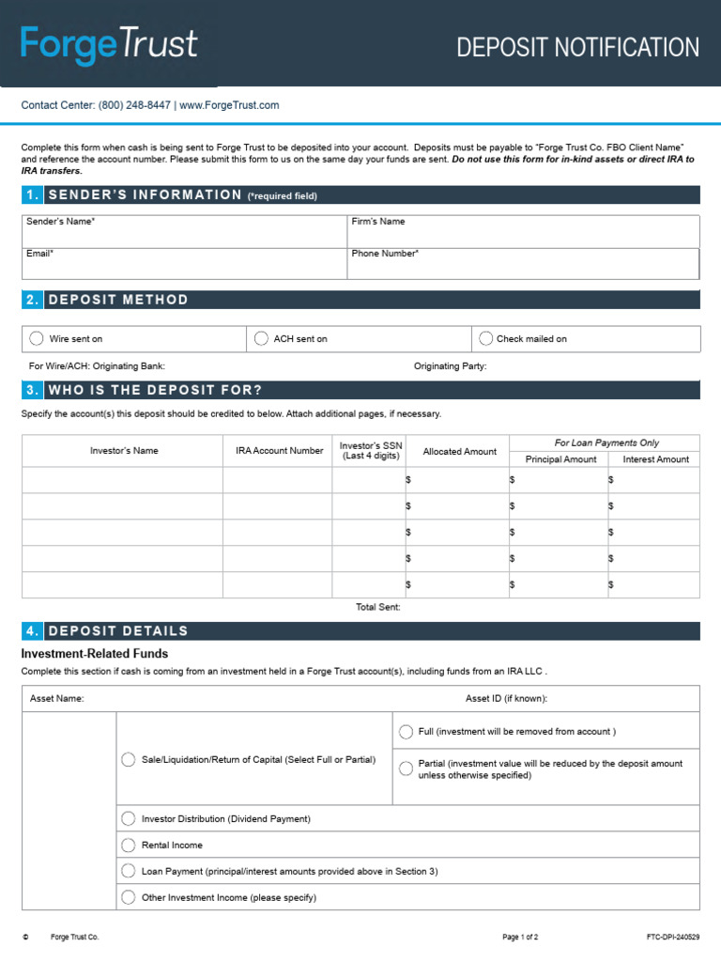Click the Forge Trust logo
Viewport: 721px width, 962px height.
(x=109, y=45)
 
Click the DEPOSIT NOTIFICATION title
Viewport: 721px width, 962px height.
(x=577, y=47)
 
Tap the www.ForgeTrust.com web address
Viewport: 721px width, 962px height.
(x=229, y=105)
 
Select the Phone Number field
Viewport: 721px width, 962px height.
(x=523, y=264)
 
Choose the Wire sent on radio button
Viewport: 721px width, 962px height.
(x=37, y=338)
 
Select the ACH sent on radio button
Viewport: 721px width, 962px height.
(x=260, y=338)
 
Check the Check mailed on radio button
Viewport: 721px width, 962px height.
(x=485, y=338)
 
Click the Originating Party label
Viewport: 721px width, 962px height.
(x=451, y=366)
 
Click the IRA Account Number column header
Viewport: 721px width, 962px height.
(x=279, y=451)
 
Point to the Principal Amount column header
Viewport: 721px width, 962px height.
(x=560, y=459)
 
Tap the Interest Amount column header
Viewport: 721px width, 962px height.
(x=655, y=459)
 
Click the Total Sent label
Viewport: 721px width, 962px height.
(x=378, y=608)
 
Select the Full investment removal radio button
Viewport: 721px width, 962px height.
(x=406, y=732)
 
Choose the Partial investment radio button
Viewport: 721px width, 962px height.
(x=406, y=768)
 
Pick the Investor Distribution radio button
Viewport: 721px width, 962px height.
(x=129, y=818)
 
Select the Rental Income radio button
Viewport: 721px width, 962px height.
(x=129, y=845)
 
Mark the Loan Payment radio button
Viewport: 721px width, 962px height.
(x=129, y=871)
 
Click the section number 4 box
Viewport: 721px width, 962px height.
(x=32, y=631)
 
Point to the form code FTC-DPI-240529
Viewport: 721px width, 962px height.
(x=672, y=938)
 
